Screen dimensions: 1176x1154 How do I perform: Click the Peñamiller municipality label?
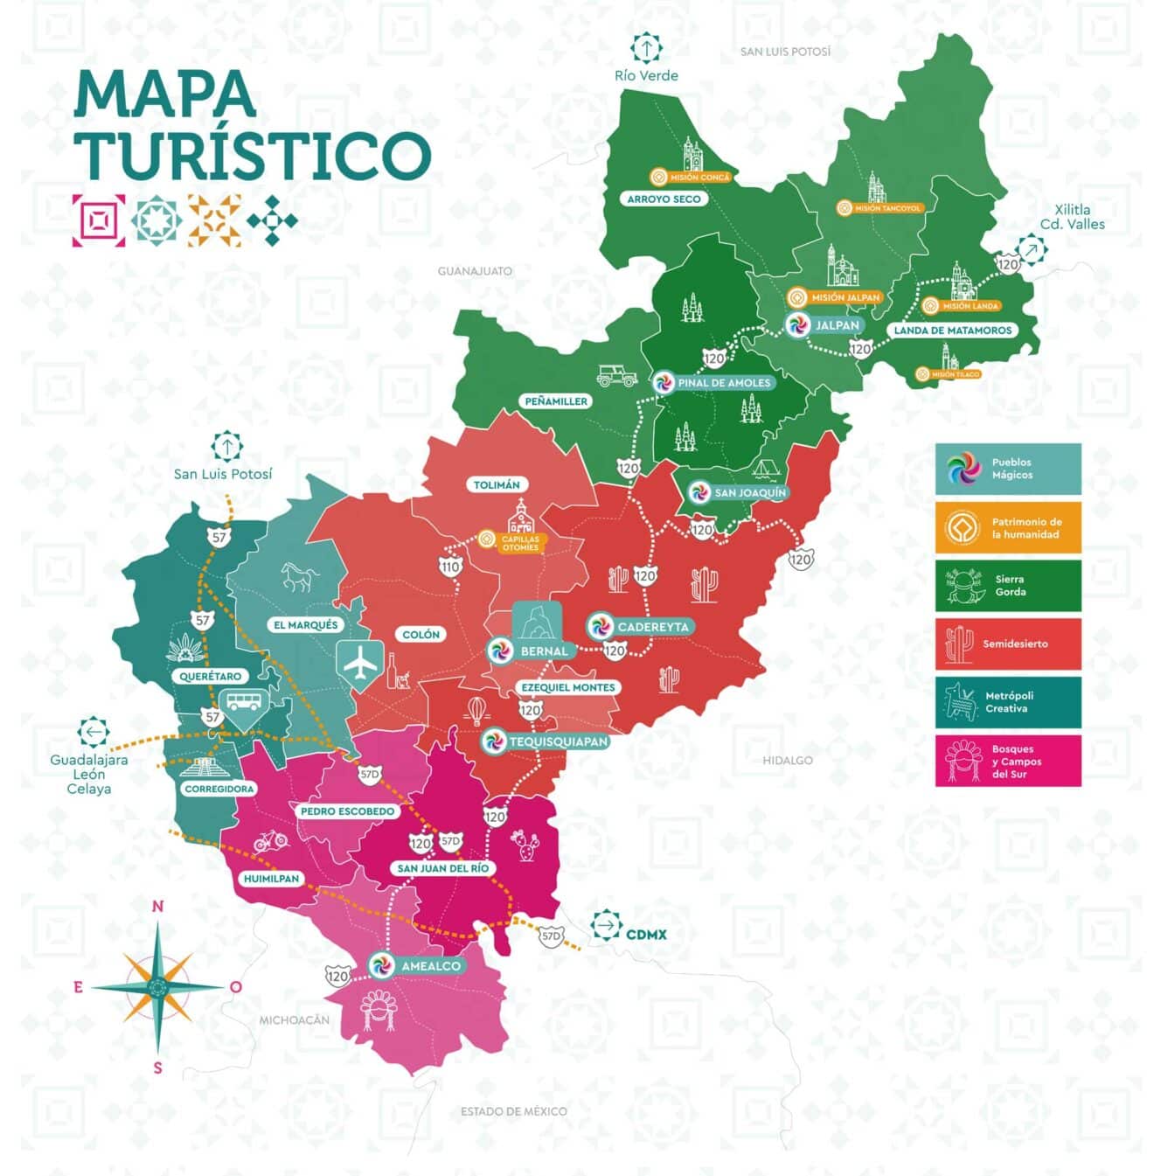(x=556, y=401)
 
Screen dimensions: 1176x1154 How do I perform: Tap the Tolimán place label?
(x=497, y=484)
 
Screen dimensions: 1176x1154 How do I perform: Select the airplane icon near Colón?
(x=359, y=665)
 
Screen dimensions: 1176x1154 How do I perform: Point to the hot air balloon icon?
(x=476, y=711)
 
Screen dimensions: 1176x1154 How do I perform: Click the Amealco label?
(x=430, y=966)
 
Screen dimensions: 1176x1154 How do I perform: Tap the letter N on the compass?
(x=158, y=906)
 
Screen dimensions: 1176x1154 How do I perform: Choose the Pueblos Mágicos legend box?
(x=1007, y=469)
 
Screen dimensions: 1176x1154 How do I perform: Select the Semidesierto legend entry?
(x=1007, y=644)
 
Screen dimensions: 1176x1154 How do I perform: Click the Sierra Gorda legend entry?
(x=1007, y=585)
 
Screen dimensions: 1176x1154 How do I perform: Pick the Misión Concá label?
(x=699, y=177)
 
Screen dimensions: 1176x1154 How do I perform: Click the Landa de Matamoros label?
(x=952, y=331)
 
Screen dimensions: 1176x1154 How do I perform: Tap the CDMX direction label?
(x=646, y=935)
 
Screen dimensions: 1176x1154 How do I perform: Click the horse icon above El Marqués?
(x=296, y=576)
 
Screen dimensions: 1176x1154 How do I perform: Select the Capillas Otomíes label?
(x=520, y=543)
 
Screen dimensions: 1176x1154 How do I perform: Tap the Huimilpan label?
(x=271, y=879)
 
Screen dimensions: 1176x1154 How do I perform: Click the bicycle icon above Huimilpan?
(x=270, y=841)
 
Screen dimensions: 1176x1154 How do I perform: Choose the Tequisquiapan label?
(x=558, y=741)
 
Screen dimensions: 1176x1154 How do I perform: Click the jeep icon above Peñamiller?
(x=616, y=376)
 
